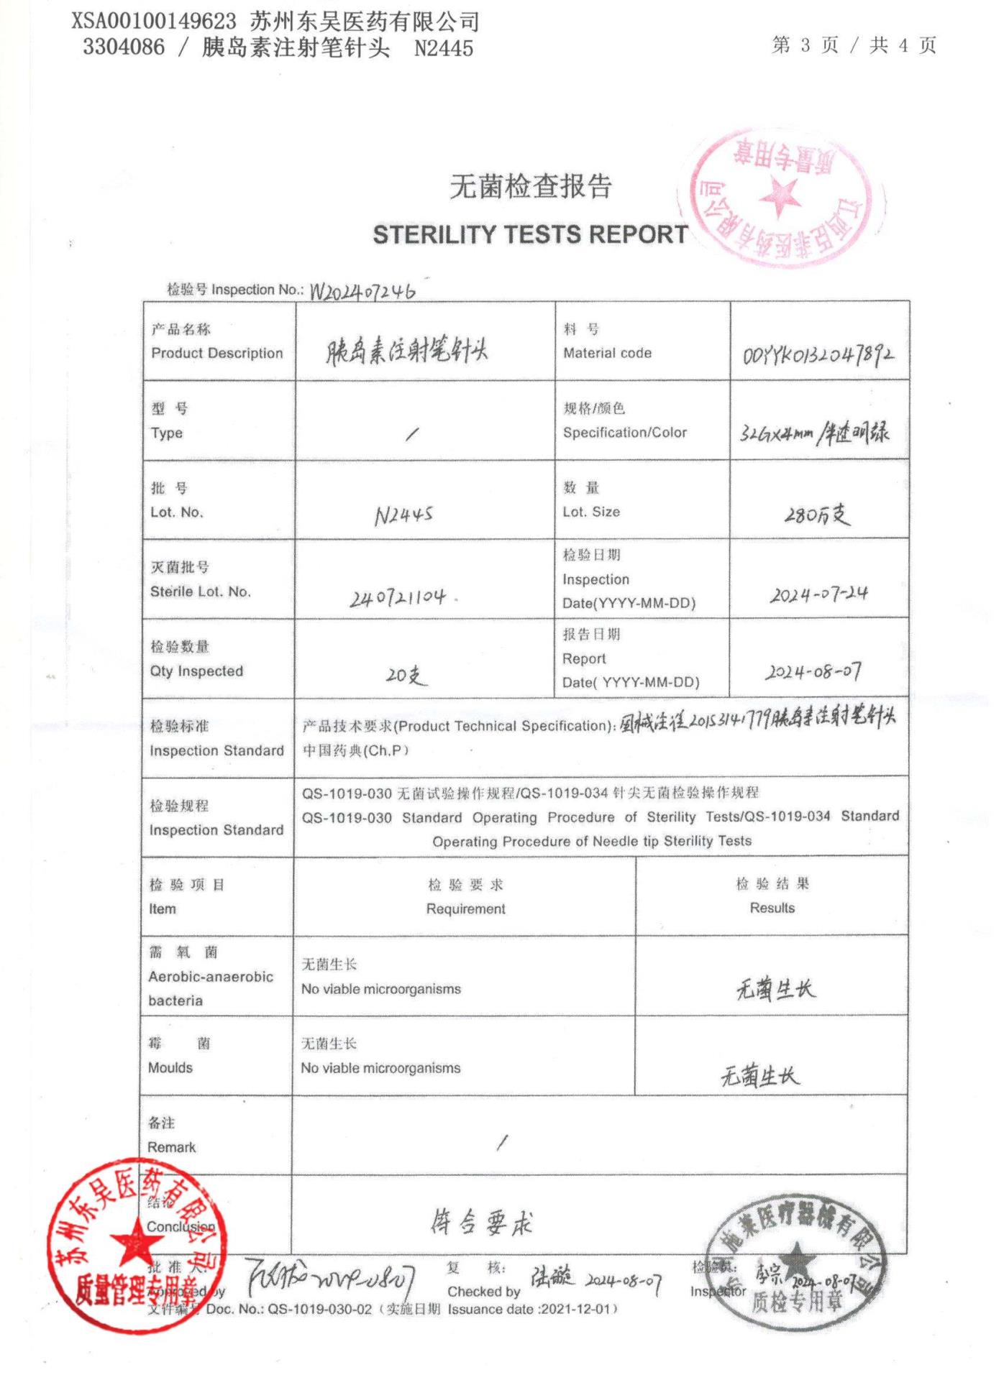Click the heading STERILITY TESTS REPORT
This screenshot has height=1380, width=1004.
[530, 235]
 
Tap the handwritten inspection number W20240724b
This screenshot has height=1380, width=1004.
[362, 291]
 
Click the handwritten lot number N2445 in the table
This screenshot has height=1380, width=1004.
[403, 515]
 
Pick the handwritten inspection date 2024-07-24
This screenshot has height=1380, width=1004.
[818, 594]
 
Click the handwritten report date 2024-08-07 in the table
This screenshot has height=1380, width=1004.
[813, 672]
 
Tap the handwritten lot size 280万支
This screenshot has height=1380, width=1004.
[817, 515]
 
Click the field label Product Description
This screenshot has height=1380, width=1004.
[216, 354]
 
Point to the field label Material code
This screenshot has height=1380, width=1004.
[607, 354]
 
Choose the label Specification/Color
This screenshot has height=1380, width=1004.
[624, 433]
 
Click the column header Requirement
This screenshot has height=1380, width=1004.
[465, 909]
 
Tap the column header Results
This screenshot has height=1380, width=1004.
[772, 908]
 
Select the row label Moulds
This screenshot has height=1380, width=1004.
[170, 1068]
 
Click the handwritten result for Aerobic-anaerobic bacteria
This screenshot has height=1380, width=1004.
[775, 990]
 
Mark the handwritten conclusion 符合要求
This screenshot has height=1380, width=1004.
[482, 1222]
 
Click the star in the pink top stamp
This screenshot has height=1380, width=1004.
[780, 195]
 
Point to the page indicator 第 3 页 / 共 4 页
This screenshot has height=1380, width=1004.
[854, 45]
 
